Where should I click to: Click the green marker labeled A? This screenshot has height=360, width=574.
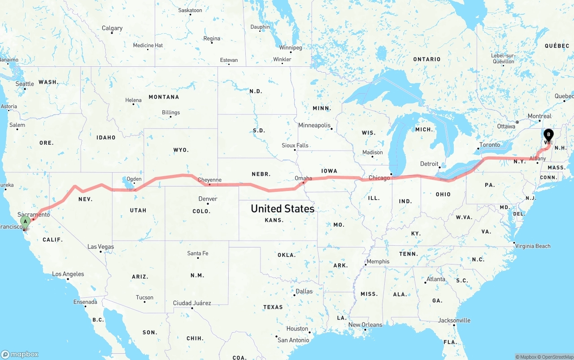click(x=26, y=221)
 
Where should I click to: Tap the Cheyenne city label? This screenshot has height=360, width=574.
click(x=209, y=180)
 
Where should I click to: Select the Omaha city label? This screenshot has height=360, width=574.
click(x=303, y=178)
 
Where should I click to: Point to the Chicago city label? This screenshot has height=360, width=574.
click(x=379, y=178)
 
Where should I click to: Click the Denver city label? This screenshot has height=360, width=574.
click(x=208, y=199)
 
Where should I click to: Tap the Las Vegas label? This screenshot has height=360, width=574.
click(x=100, y=247)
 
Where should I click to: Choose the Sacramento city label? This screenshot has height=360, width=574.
click(x=34, y=215)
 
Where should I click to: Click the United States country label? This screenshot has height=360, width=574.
click(x=283, y=208)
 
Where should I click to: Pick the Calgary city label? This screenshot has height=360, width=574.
click(x=112, y=28)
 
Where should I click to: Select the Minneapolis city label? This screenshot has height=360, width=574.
click(x=314, y=126)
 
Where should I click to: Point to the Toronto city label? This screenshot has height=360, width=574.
click(x=489, y=145)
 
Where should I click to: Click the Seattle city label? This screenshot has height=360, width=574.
click(x=25, y=84)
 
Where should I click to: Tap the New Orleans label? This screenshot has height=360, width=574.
click(x=365, y=325)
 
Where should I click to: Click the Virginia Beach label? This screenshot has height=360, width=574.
click(x=532, y=246)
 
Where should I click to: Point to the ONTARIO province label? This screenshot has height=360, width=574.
click(x=427, y=59)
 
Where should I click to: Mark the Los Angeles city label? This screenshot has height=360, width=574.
click(x=68, y=274)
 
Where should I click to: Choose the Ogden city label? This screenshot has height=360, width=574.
click(x=134, y=179)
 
